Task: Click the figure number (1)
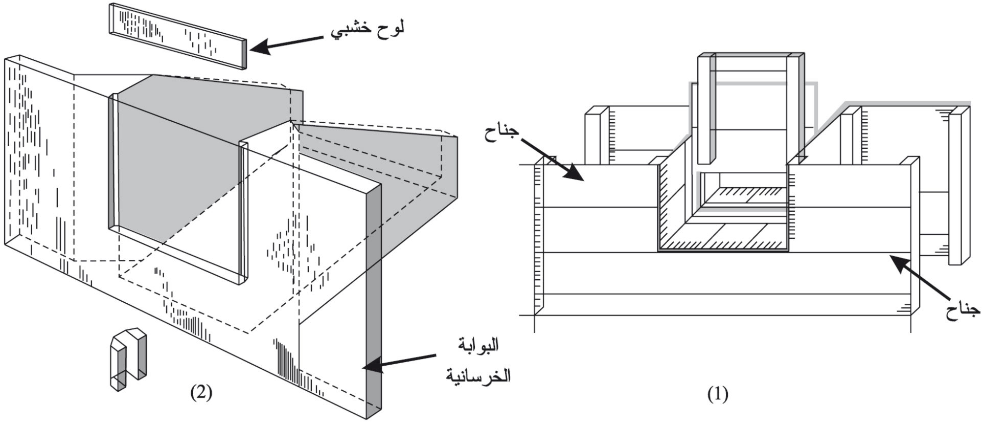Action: (x=718, y=394)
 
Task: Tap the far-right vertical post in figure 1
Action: (x=959, y=184)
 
